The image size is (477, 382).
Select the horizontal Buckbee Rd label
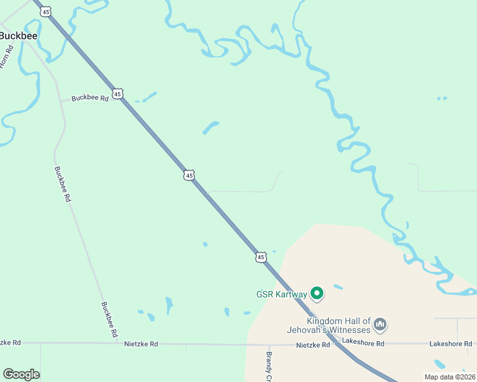point(90,98)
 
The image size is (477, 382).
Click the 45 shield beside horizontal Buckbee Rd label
point(117,94)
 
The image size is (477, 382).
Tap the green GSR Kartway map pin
point(317,294)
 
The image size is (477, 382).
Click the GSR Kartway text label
point(281,294)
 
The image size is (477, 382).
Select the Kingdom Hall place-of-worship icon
point(380,325)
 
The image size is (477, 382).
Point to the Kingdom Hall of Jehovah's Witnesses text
point(338,325)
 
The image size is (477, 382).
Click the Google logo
point(21,374)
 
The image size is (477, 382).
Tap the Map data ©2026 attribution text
point(450,377)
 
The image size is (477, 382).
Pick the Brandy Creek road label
point(269,367)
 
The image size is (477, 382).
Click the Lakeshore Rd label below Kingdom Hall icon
point(363,343)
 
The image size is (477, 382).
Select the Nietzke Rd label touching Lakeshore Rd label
point(314,344)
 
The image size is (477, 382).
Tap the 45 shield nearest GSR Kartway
point(260,257)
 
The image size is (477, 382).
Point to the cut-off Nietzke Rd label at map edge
point(10,343)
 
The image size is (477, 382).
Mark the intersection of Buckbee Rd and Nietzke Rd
point(119,343)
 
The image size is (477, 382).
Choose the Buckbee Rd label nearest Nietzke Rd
point(109,319)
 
